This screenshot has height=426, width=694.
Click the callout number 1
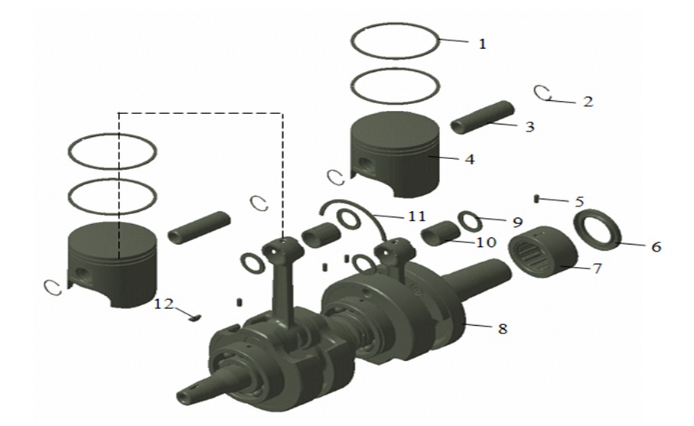482,44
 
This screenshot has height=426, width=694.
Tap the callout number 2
587,101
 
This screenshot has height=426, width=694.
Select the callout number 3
529,127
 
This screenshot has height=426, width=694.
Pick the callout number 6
657,247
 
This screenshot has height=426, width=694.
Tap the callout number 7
596,268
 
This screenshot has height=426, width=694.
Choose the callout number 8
501,329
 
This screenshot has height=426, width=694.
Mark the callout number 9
517,222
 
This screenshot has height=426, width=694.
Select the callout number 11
416,217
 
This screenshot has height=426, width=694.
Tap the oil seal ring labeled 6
599,229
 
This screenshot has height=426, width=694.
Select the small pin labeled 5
539,199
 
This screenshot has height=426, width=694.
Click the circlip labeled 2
543,93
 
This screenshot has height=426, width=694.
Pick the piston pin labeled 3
481,116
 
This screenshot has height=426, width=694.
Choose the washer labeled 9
469,220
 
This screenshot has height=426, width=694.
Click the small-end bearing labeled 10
439,233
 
